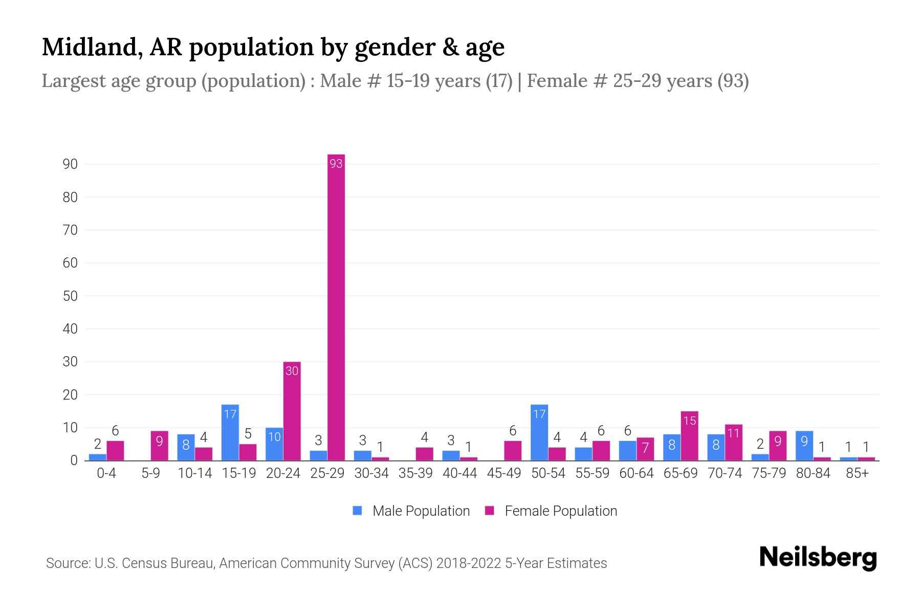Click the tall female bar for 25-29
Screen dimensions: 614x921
point(336,307)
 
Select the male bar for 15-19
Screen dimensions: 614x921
point(230,433)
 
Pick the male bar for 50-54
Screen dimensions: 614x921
point(539,433)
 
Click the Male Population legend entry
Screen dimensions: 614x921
point(411,511)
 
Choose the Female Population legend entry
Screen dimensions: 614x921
point(551,511)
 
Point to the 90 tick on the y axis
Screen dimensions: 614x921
point(70,164)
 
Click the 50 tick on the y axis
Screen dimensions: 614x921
point(70,296)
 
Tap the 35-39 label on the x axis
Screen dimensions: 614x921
point(415,473)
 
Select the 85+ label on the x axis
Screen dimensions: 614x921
point(857,473)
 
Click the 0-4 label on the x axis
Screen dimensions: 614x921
point(106,473)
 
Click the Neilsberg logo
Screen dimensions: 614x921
point(818,558)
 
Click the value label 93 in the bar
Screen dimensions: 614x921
point(336,164)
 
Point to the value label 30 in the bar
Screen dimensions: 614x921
point(292,371)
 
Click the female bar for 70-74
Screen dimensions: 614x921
point(734,443)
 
